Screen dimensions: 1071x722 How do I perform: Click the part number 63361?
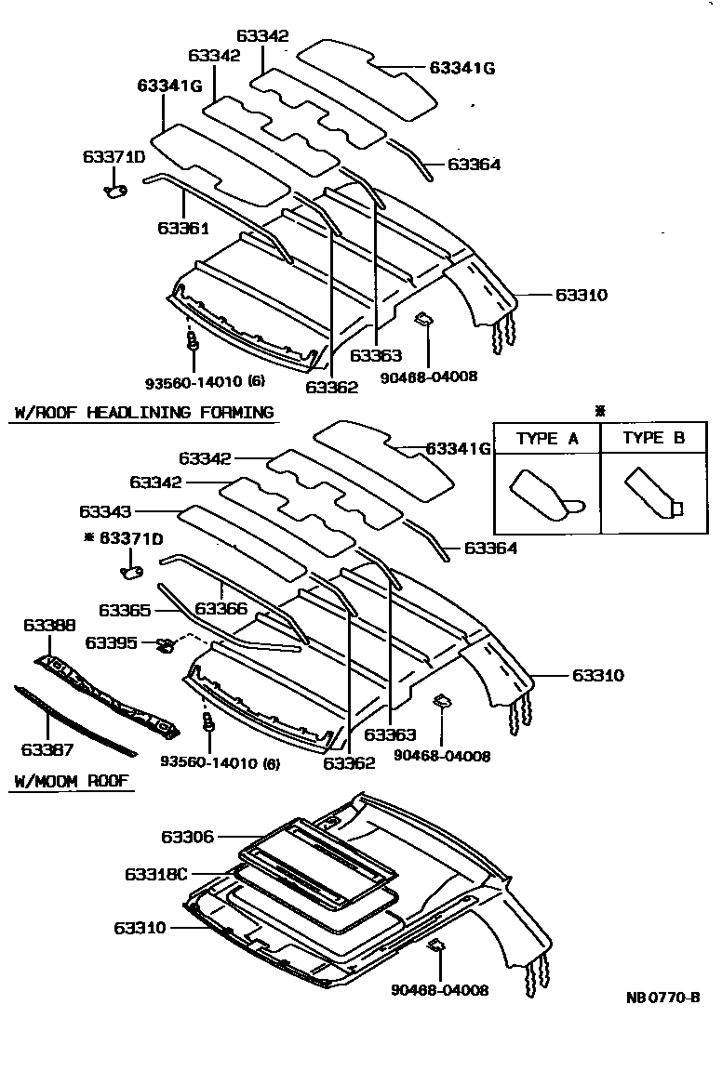click(x=182, y=228)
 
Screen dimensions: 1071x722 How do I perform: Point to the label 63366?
click(x=222, y=610)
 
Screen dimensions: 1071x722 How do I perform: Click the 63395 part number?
click(x=111, y=642)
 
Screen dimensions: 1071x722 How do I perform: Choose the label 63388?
click(x=49, y=626)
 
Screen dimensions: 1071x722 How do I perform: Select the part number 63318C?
click(x=155, y=875)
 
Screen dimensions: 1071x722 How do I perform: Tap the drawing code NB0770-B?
click(x=662, y=998)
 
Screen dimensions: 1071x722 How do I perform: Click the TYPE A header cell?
click(x=547, y=439)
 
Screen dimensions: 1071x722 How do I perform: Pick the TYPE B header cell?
click(x=653, y=439)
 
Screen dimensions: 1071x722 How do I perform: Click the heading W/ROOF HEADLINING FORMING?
click(x=142, y=412)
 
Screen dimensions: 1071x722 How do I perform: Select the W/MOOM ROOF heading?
click(x=72, y=782)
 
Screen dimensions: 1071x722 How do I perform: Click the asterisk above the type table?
click(x=600, y=410)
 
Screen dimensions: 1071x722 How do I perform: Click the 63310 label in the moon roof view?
click(x=140, y=928)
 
